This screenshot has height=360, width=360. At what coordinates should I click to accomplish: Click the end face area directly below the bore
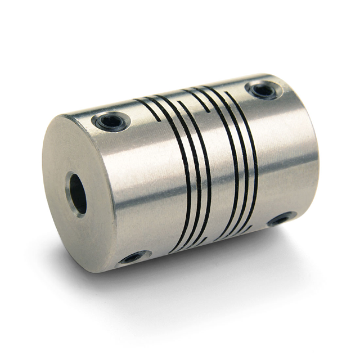[84, 236]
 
